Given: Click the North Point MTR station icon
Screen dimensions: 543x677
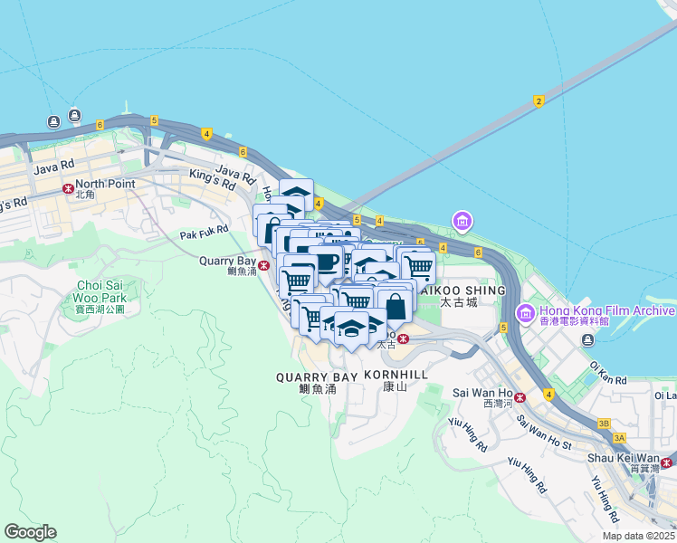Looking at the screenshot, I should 68,189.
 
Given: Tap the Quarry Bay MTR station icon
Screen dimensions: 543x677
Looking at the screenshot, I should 263,265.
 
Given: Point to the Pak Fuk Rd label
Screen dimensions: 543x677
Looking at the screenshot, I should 204,233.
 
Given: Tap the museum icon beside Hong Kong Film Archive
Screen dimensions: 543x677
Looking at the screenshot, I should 525,313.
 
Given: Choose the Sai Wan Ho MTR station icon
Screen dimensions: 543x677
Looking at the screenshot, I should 520,397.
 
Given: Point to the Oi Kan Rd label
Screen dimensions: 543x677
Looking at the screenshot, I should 607,373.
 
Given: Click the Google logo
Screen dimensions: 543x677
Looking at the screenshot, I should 30,532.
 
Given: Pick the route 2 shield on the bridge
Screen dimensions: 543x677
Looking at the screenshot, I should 539,100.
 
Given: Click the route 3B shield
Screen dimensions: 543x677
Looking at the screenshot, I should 604,423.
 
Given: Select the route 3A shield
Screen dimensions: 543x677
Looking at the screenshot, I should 619,437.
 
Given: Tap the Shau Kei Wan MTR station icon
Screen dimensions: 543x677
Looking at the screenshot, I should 666,462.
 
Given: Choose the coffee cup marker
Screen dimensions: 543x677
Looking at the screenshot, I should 326,262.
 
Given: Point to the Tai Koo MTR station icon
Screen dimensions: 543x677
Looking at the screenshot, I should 403,338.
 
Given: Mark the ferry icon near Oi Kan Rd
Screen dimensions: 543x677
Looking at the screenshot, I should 588,339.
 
